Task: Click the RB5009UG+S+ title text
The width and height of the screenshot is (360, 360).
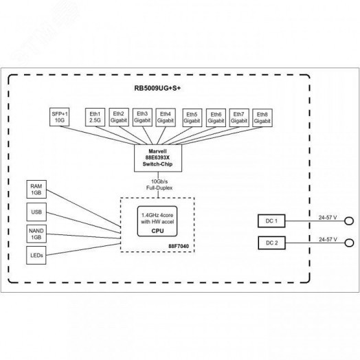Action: [162, 89]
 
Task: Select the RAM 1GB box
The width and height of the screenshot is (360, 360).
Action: [36, 189]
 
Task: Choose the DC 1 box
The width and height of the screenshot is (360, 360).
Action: [270, 221]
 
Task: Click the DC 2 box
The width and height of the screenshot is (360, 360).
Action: [270, 243]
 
